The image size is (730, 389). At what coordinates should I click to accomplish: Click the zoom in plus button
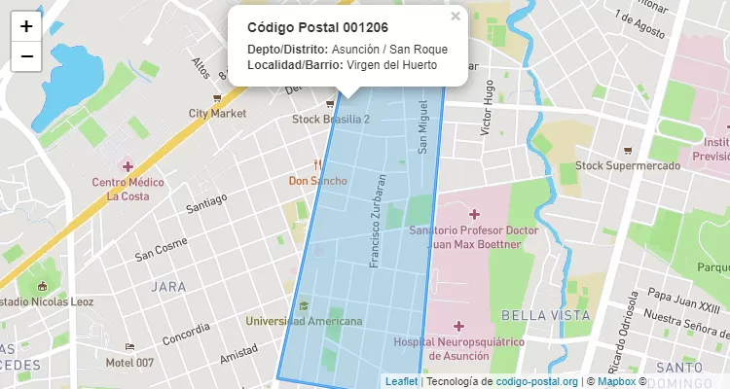26,27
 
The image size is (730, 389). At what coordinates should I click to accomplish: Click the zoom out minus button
26,56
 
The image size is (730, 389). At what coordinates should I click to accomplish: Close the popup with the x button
456,16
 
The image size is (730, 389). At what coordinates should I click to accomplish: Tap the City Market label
218,114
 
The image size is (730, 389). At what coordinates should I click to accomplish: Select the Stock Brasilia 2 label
331,119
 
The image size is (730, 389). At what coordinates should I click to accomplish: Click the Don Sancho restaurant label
318,181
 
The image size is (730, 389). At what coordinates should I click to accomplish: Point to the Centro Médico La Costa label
128,189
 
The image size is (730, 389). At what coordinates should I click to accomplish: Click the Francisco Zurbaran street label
378,221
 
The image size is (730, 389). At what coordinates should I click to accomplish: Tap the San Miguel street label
423,126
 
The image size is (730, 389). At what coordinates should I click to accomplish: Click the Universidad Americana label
305,321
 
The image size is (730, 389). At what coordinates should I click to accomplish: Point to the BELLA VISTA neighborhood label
537,315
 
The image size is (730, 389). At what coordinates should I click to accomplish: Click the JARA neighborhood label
168,287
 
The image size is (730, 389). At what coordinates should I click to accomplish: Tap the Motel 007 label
129,363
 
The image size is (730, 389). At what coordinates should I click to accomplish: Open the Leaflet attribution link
402,381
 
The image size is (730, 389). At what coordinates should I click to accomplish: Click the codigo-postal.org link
537,381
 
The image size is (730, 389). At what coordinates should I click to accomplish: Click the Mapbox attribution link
616,381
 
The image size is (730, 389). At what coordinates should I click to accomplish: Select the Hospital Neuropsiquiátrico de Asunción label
459,348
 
